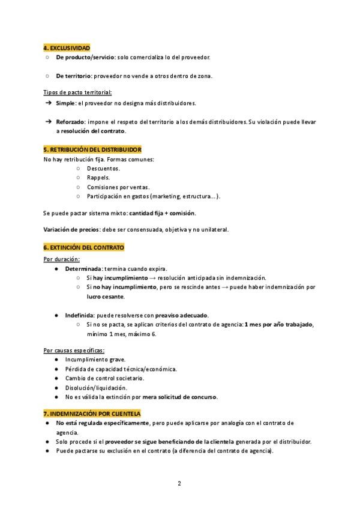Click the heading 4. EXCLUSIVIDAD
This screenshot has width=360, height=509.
tap(67, 47)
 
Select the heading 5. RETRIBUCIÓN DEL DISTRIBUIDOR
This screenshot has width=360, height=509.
tap(92, 149)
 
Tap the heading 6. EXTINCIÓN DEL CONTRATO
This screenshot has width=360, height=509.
tap(83, 247)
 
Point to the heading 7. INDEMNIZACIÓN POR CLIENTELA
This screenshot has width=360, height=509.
tap(92, 414)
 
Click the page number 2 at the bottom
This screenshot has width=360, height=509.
tap(179, 483)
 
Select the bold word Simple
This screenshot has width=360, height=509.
tap(66, 103)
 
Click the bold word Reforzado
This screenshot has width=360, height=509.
tap(71, 122)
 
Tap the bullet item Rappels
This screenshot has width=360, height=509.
tap(98, 178)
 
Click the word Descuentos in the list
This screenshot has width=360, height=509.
tap(103, 169)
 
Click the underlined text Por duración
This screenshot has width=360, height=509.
tap(62, 259)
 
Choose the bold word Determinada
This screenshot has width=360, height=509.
tap(83, 268)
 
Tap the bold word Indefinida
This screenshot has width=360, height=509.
tap(80, 315)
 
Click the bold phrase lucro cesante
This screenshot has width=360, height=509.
tap(105, 297)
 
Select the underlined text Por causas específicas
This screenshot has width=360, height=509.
tap(74, 350)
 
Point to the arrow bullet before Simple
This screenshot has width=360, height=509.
tap(48, 103)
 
